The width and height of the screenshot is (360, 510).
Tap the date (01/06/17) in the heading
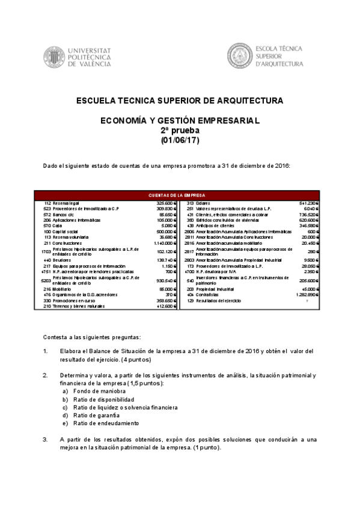(180, 141)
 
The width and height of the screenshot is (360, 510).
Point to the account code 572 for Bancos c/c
(47, 214)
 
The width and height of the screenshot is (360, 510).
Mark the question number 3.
(45, 440)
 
